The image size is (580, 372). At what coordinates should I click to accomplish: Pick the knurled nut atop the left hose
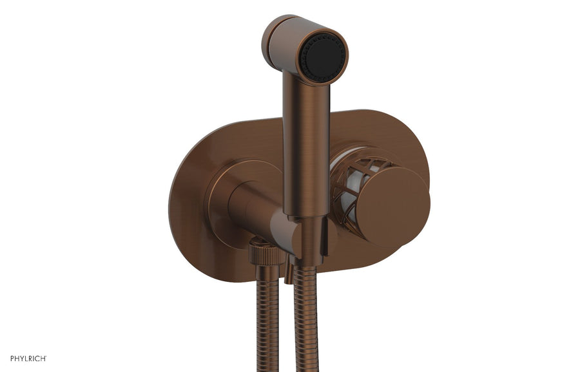point(266,252)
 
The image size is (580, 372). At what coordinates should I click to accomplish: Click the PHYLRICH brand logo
point(28,358)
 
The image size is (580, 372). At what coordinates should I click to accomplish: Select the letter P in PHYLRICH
point(12,358)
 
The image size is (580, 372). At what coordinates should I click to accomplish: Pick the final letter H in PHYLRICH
point(43,358)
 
